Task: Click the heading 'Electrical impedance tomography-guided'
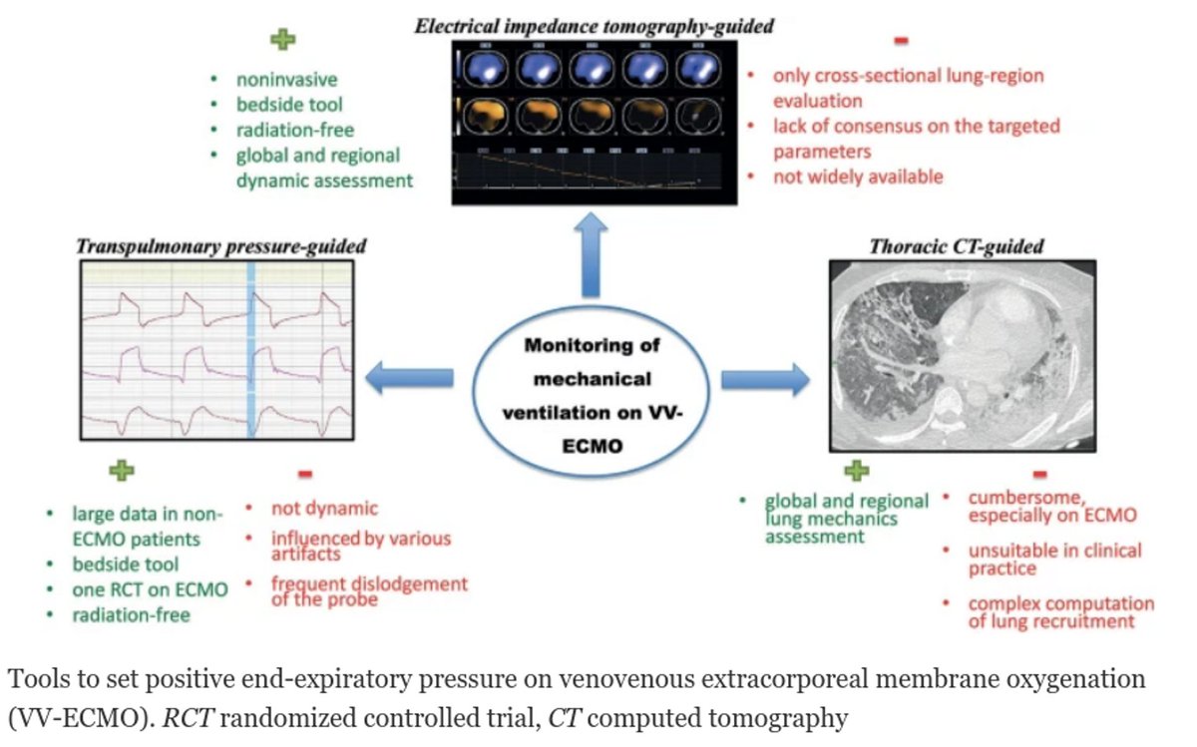tap(595, 26)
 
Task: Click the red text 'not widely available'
tap(857, 177)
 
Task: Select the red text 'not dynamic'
tap(324, 510)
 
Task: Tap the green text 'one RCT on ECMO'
tap(150, 589)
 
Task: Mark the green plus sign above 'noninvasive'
tap(284, 40)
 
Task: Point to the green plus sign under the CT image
tap(856, 470)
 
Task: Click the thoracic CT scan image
tap(964, 354)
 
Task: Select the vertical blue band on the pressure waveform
tap(252, 350)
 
